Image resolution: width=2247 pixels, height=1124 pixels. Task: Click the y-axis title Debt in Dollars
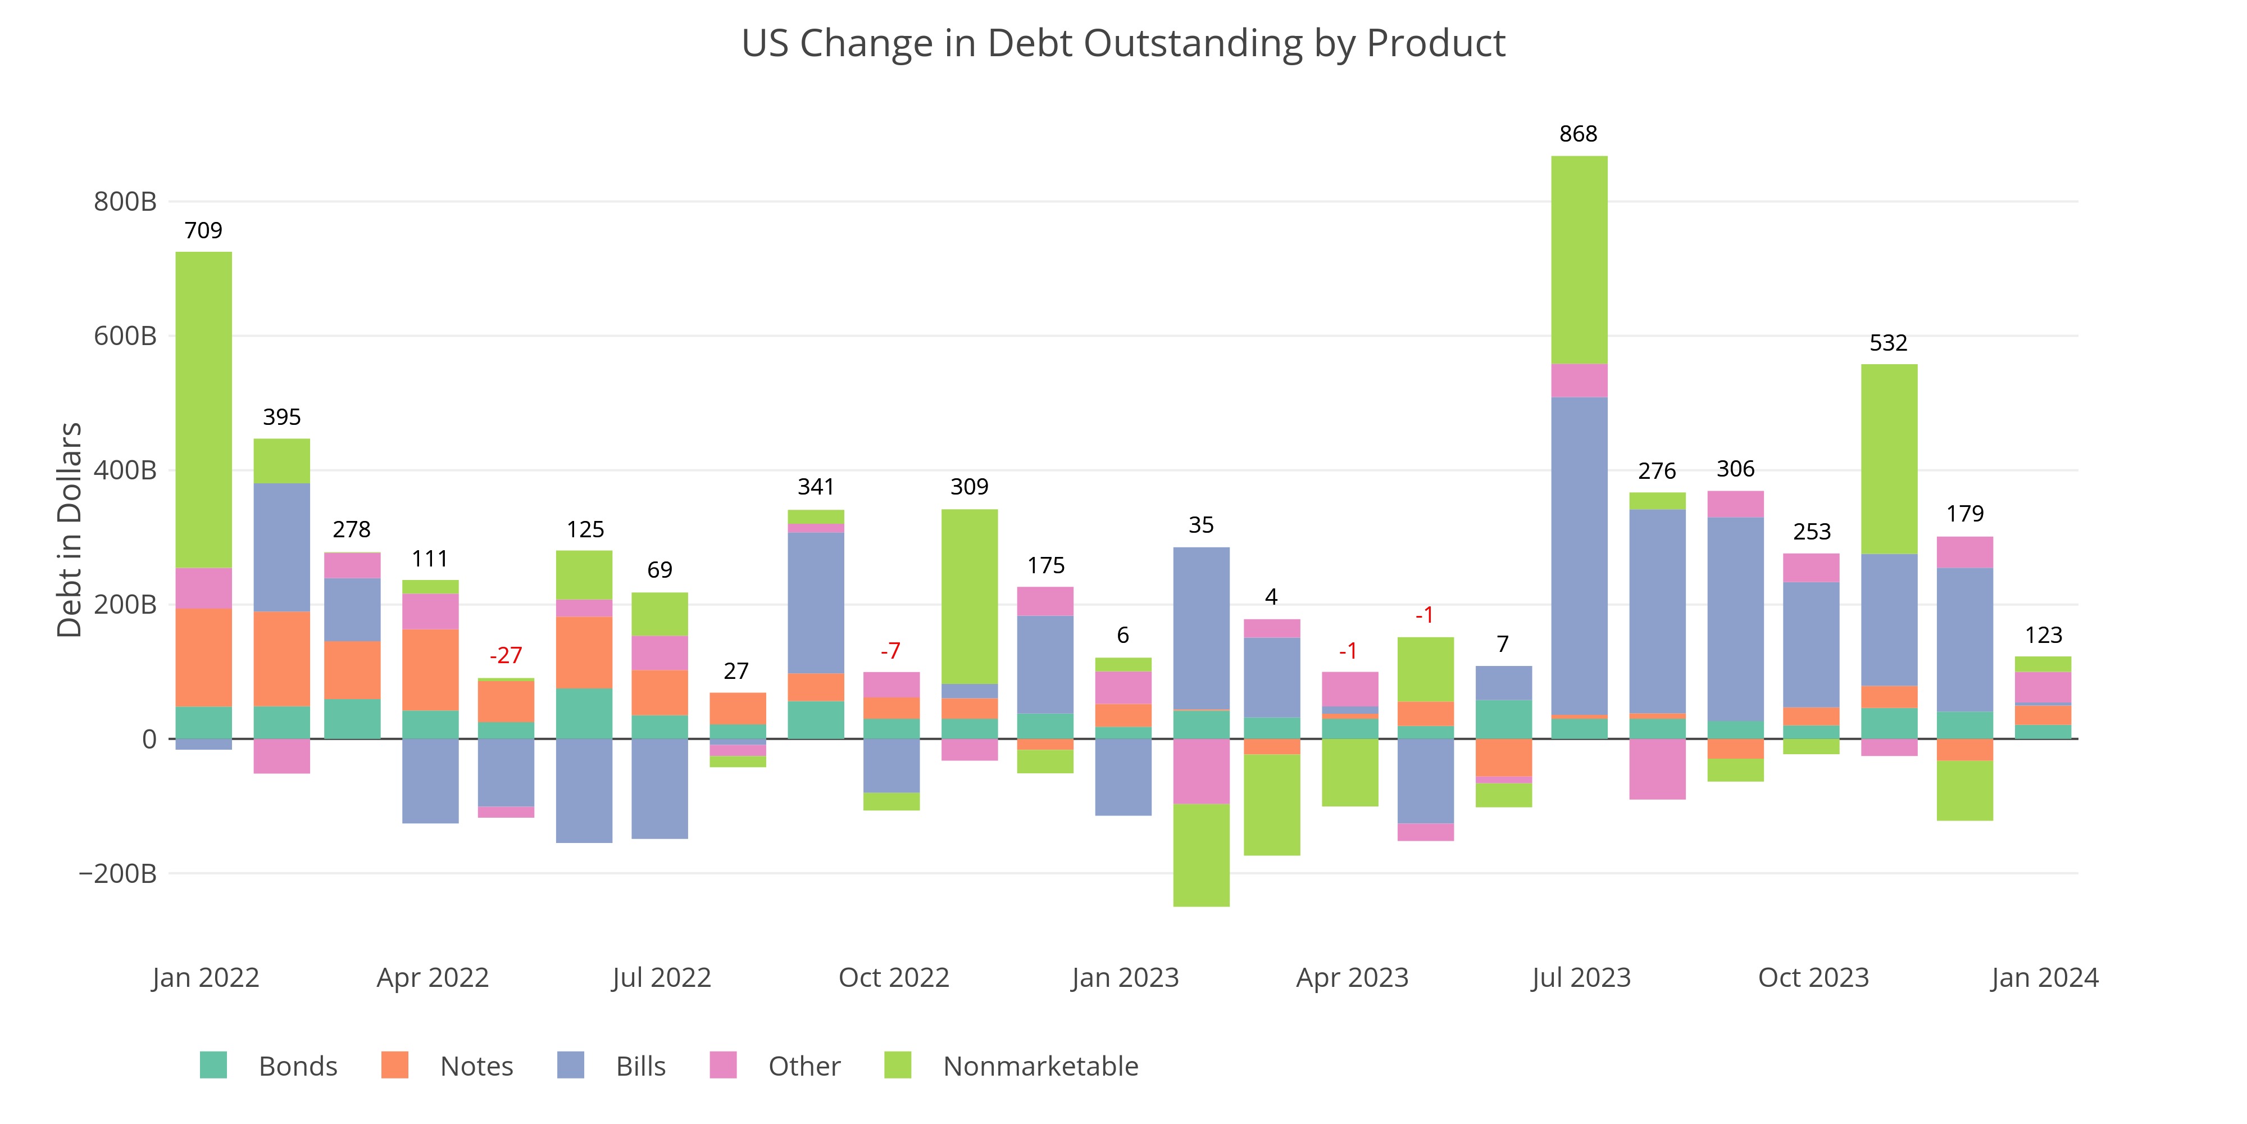70,530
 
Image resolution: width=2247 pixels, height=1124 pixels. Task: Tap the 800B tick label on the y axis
125,202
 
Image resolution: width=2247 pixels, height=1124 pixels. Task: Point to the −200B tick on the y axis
118,873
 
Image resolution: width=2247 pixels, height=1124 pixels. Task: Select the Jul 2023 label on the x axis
1581,977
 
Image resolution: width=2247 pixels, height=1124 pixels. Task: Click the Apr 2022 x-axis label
433,977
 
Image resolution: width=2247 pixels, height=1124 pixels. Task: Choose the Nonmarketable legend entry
1040,1067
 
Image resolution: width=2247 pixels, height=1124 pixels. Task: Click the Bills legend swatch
571,1066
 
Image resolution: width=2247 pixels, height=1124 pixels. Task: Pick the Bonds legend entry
298,1067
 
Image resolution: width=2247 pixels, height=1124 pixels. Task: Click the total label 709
203,230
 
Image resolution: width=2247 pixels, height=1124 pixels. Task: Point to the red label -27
506,655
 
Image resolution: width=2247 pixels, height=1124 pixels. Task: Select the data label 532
1889,343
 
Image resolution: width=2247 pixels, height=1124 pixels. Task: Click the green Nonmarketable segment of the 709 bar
204,410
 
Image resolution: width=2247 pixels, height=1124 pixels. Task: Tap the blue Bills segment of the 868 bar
1579,556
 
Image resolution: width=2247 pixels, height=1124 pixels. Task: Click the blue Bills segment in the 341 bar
816,602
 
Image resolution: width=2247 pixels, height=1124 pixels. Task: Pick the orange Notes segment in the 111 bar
430,669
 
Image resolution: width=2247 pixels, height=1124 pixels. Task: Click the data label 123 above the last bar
2044,635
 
